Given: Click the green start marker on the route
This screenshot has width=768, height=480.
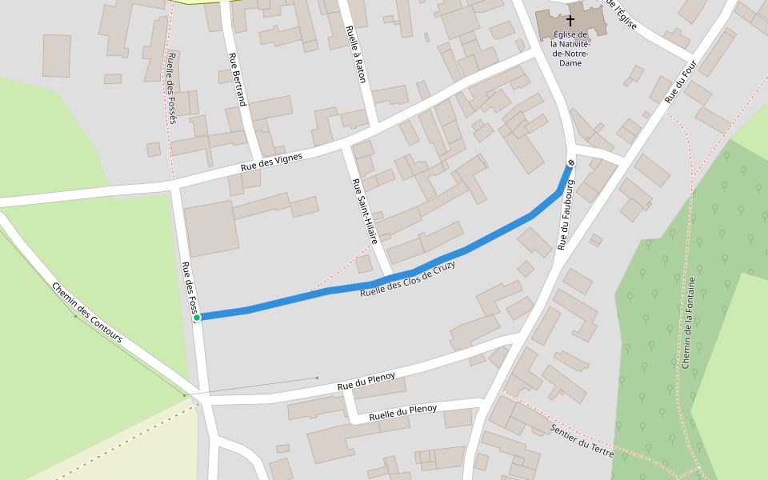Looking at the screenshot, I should [x=197, y=318].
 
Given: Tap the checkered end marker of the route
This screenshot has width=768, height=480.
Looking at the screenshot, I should [x=571, y=163].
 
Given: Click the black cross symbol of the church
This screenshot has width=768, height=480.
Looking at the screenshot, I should [x=571, y=19].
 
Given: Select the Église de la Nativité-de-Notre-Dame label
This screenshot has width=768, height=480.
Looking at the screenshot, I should [x=571, y=49].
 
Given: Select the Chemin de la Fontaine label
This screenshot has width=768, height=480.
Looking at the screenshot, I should [x=688, y=322].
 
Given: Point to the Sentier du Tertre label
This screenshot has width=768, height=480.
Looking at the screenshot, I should [x=582, y=441].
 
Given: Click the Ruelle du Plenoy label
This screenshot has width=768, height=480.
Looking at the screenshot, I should [x=403, y=413].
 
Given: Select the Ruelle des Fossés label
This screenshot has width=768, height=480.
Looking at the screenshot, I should [x=172, y=88].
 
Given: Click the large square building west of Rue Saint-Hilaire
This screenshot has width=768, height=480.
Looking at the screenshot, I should [x=211, y=229].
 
